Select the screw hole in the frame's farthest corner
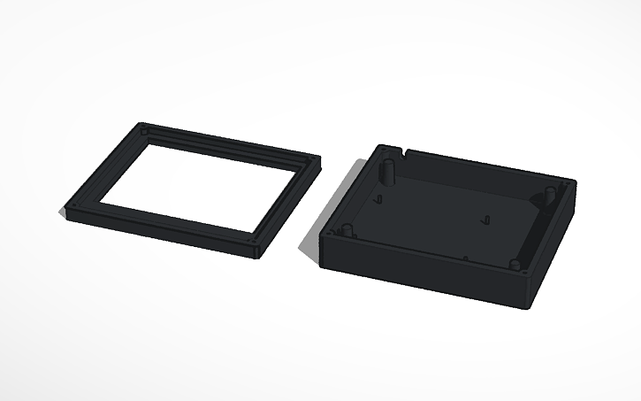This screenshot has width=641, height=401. tap(145, 129)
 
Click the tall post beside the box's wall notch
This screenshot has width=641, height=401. tap(387, 169)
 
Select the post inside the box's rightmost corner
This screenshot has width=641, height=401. tap(551, 193)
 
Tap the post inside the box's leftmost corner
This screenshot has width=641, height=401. tap(348, 230)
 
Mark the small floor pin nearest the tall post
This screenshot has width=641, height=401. tap(381, 199)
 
